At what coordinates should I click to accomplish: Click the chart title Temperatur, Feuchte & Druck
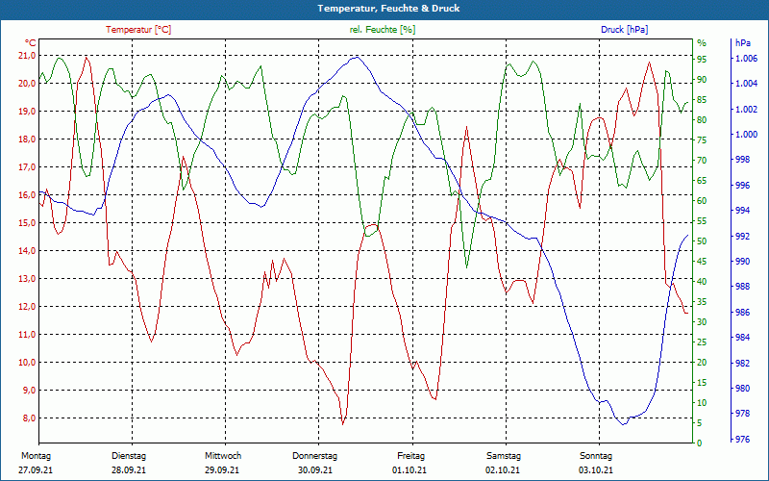(384, 8)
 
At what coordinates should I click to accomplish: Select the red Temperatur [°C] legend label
(138, 30)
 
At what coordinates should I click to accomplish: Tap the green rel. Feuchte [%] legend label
(383, 30)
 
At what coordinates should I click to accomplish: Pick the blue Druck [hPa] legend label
(624, 30)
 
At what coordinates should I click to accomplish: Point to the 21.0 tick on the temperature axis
(26, 55)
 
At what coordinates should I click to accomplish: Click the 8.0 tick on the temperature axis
(26, 418)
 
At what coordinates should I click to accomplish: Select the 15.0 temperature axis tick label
(26, 223)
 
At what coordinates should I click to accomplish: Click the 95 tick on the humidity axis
(702, 60)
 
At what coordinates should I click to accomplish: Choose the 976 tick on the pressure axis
(743, 440)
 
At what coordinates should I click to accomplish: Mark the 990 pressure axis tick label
(743, 262)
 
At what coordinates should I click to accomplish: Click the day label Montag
(36, 456)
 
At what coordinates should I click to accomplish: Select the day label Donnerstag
(315, 456)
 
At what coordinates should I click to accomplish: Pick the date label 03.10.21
(596, 470)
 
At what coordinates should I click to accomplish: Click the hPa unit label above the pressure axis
(743, 43)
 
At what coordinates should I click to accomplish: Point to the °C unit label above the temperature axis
(31, 43)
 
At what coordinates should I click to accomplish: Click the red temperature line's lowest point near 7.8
(342, 423)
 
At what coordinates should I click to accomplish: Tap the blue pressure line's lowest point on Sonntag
(624, 423)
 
